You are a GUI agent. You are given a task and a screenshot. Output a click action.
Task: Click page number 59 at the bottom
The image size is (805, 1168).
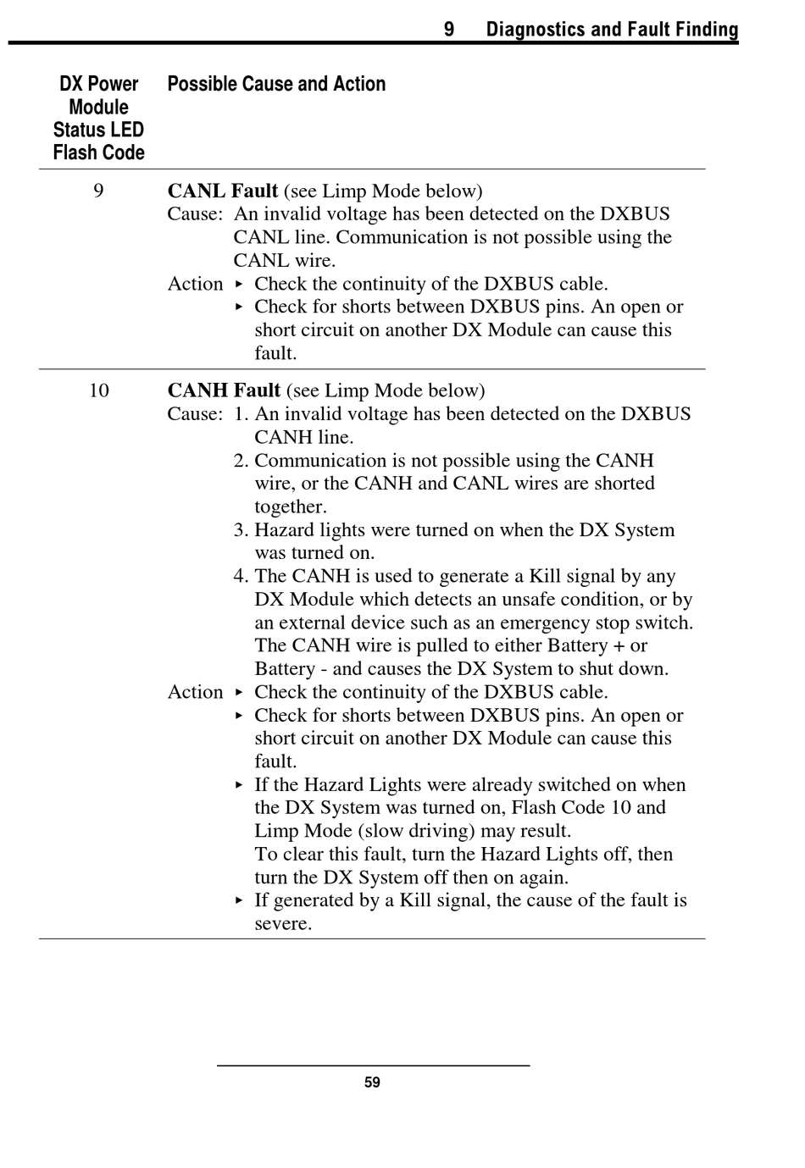click(x=372, y=1082)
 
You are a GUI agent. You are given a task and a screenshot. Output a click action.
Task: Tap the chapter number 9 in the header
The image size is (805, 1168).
click(x=449, y=30)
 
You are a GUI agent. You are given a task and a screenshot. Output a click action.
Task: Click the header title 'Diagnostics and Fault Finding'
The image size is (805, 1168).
click(x=612, y=30)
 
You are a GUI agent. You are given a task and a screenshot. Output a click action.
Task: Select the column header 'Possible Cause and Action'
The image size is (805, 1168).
click(x=276, y=84)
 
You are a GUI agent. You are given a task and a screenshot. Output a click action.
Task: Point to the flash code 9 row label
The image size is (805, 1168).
click(x=98, y=191)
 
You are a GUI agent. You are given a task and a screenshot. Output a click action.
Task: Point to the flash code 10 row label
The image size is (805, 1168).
click(x=98, y=390)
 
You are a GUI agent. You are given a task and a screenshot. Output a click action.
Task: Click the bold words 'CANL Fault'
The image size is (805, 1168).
click(x=222, y=191)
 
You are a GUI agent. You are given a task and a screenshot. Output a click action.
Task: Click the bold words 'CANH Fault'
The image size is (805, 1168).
click(x=224, y=390)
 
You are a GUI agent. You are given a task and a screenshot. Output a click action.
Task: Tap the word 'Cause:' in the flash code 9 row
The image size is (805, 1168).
click(x=195, y=214)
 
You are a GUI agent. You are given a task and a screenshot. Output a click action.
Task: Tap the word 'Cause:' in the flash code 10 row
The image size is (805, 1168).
click(x=195, y=414)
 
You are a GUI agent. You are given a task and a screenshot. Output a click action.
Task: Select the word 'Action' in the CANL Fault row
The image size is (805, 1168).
click(x=195, y=284)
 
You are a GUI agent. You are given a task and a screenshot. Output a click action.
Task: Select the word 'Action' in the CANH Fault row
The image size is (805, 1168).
click(x=195, y=692)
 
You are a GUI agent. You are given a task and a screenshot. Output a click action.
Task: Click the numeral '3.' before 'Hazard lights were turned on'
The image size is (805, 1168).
click(x=241, y=530)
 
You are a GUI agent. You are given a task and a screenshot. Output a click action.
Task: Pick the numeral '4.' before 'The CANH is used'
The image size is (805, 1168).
click(x=241, y=577)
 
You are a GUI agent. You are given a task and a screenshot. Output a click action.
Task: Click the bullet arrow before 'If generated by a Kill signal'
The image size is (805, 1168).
click(x=240, y=900)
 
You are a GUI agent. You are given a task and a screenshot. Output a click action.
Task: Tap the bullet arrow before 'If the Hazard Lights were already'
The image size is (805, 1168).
click(x=240, y=785)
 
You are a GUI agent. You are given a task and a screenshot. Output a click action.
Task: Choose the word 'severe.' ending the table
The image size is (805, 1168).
click(x=283, y=924)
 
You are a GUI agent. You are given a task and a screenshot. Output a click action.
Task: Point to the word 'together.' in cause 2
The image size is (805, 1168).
click(x=291, y=507)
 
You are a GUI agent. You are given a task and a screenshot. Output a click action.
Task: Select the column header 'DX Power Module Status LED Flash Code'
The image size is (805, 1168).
click(x=98, y=119)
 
